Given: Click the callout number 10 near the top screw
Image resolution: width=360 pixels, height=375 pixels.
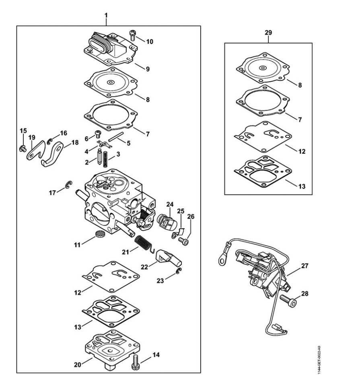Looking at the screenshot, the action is click(x=150, y=41).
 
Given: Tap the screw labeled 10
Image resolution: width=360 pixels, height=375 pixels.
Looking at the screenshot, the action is click(x=133, y=35).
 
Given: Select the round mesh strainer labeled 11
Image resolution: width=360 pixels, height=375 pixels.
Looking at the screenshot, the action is click(x=99, y=234).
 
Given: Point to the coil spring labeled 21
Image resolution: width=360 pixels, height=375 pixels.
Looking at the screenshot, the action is click(x=144, y=243).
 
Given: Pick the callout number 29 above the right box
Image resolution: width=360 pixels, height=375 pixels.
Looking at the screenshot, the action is click(x=268, y=33).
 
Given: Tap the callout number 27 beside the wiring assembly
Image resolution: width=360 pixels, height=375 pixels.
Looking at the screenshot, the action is click(x=305, y=266).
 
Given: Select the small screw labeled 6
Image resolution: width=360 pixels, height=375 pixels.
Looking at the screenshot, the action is click(x=98, y=134).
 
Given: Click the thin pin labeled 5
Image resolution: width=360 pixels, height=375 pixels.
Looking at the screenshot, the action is click(x=116, y=136).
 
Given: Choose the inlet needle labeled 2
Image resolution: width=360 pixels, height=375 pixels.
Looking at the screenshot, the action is click(x=99, y=157).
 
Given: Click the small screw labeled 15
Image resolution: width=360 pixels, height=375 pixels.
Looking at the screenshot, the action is click(x=23, y=148).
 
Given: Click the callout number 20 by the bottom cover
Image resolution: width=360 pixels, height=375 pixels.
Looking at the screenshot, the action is click(x=78, y=365).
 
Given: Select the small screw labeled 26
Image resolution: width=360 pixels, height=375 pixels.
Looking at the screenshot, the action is click(x=183, y=241).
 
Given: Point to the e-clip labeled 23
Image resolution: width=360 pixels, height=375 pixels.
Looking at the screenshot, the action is click(x=179, y=271).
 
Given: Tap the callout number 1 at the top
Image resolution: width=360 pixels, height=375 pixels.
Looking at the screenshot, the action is click(x=106, y=15).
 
